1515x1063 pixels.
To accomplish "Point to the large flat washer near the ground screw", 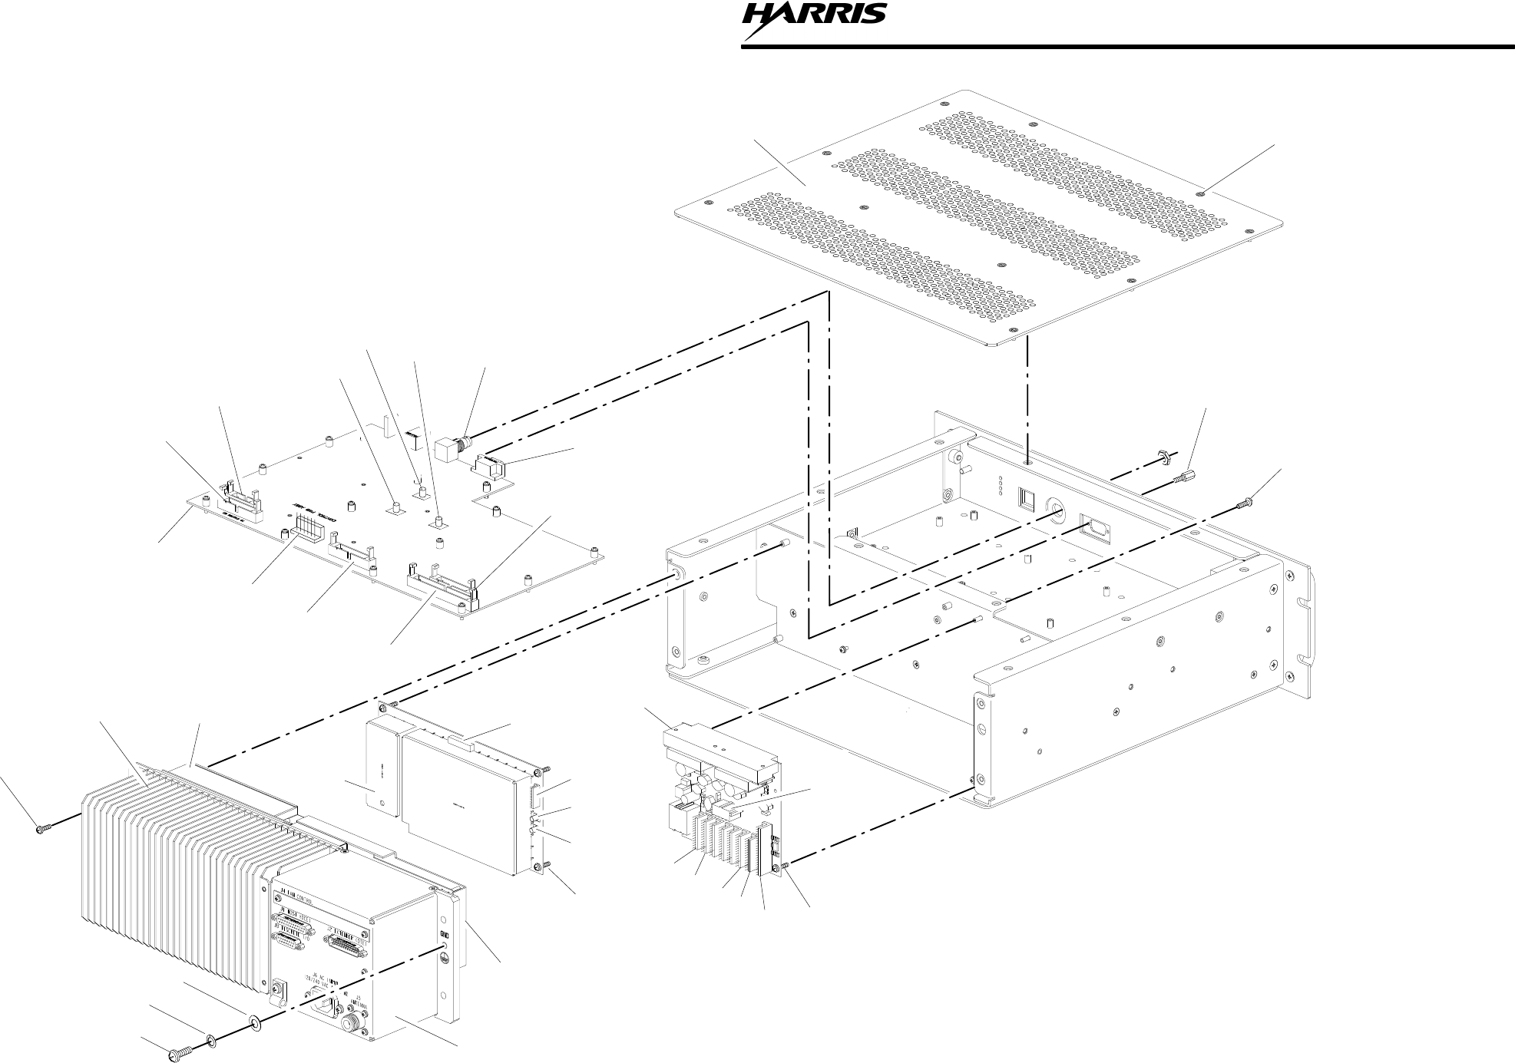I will [x=254, y=1023].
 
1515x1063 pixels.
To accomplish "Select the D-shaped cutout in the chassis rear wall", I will [x=1094, y=527].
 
